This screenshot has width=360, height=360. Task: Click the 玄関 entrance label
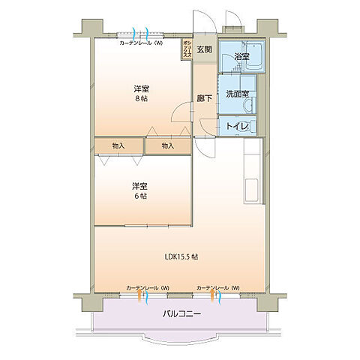pyautogui.click(x=204, y=50)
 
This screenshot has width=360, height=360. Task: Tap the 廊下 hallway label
pyautogui.click(x=203, y=97)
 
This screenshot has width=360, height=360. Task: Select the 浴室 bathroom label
pyautogui.click(x=241, y=56)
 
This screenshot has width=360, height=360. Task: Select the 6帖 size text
pyautogui.click(x=139, y=196)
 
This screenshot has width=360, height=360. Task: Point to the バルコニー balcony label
pyautogui.click(x=181, y=313)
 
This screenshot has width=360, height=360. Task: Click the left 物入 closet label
pyautogui.click(x=118, y=145)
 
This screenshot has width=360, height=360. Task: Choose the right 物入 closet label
pyautogui.click(x=168, y=145)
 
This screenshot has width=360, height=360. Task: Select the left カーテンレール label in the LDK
pyautogui.click(x=148, y=288)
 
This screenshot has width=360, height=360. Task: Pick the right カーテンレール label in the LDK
pyautogui.click(x=217, y=288)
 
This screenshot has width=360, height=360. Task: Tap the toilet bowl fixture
pyautogui.click(x=252, y=127)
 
